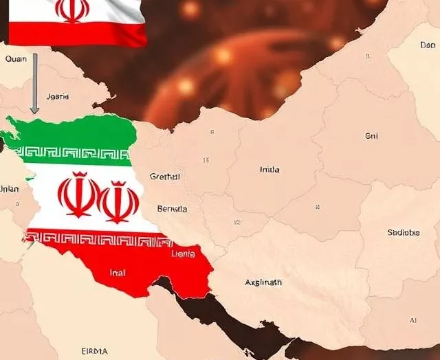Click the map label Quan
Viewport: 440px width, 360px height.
[16, 59]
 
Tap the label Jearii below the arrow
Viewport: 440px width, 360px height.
[57, 97]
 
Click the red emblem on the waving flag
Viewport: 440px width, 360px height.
[72, 10]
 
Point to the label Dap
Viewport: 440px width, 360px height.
[427, 45]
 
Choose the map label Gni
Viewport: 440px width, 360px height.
[372, 136]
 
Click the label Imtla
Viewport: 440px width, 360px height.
[269, 169]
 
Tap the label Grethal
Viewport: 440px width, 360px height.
[164, 177]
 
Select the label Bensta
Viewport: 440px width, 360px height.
[172, 208]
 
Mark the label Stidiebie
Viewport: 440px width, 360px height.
[403, 232]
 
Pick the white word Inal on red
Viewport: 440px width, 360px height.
[118, 273]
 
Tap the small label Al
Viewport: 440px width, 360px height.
[412, 320]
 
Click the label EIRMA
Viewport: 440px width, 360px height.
[94, 351]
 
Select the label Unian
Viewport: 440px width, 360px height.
[9, 188]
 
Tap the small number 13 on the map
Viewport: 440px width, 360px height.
[206, 160]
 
